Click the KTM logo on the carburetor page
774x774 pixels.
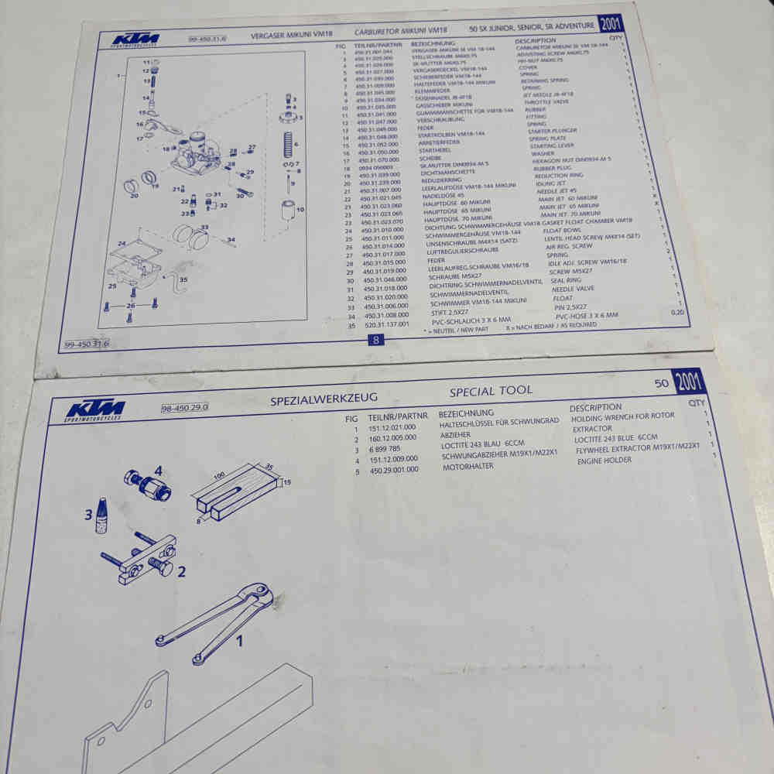pyautogui.click(x=135, y=39)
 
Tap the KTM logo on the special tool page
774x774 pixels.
pyautogui.click(x=96, y=410)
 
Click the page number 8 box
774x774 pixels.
pyautogui.click(x=375, y=339)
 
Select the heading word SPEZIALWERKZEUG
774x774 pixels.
pyautogui.click(x=324, y=399)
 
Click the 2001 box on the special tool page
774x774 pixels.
pyautogui.click(x=687, y=382)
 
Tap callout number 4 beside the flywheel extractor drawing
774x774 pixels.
pyautogui.click(x=157, y=470)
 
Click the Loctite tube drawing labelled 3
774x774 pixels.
pyautogui.click(x=100, y=517)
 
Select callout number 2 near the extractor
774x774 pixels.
pyautogui.click(x=180, y=573)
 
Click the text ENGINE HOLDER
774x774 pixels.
pyautogui.click(x=604, y=460)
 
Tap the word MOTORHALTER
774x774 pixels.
pyautogui.click(x=468, y=467)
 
